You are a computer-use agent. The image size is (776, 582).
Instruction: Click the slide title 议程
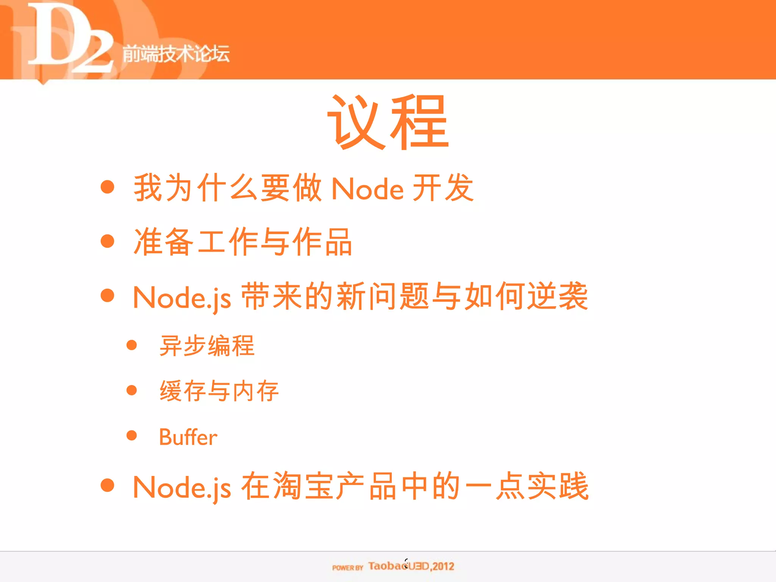click(x=388, y=122)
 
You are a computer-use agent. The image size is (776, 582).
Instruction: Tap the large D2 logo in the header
click(x=68, y=38)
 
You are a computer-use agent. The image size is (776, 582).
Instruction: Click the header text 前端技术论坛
click(x=176, y=53)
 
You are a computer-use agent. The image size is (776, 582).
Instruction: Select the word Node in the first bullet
click(x=367, y=189)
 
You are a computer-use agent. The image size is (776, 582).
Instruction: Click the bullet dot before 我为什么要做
click(x=108, y=187)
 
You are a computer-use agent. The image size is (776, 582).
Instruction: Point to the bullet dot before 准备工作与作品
click(x=108, y=241)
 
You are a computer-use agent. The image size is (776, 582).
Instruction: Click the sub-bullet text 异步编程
click(x=207, y=346)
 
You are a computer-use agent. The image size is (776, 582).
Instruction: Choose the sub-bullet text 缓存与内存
click(x=219, y=391)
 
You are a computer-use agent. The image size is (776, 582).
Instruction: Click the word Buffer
click(x=188, y=437)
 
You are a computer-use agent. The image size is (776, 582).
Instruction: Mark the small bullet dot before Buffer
click(x=131, y=435)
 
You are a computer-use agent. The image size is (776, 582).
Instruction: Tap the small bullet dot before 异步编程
click(x=131, y=345)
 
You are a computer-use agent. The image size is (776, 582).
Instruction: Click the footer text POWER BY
click(x=347, y=568)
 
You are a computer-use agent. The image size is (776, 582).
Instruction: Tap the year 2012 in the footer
click(x=443, y=566)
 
